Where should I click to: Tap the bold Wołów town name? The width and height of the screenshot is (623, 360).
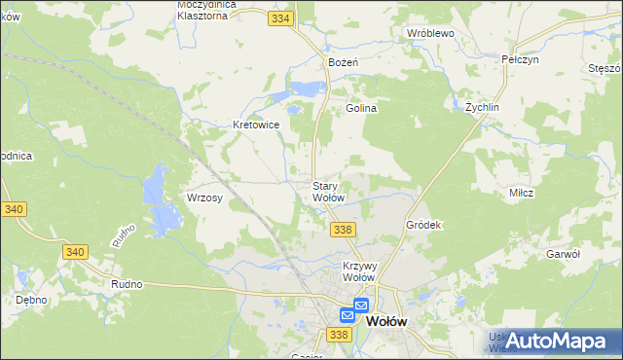[386, 320]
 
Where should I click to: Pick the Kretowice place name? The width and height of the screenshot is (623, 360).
[256, 125]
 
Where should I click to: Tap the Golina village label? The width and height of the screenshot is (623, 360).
[361, 109]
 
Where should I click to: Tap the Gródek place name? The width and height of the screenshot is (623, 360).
[423, 225]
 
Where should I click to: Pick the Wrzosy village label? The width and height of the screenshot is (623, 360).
[205, 198]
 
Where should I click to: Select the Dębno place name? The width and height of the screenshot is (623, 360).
[32, 300]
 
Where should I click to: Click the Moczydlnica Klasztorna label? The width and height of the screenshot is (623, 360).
[215, 10]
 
